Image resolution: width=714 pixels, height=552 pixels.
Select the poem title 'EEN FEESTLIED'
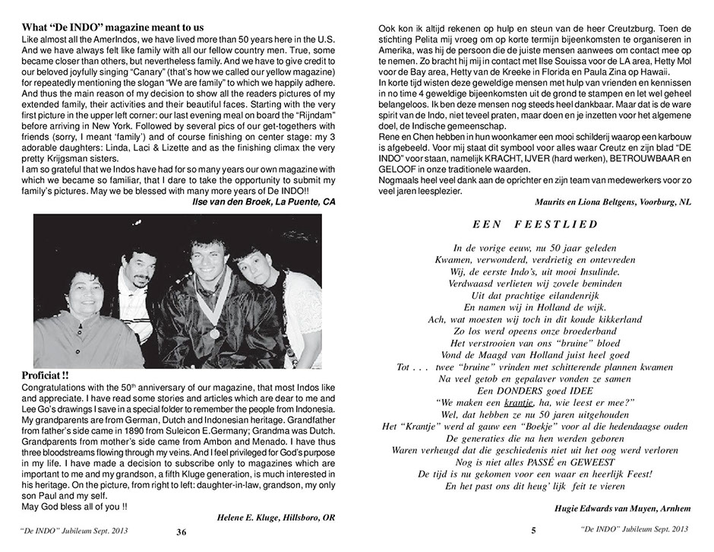(x=535, y=224)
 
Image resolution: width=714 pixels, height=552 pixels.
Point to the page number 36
(x=182, y=532)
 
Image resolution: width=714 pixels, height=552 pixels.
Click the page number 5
(x=534, y=532)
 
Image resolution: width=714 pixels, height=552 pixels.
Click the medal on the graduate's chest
(x=215, y=333)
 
